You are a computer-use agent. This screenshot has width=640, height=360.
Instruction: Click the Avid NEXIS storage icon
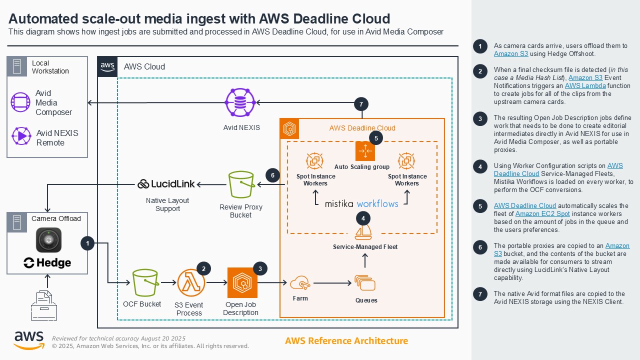(x=241, y=103)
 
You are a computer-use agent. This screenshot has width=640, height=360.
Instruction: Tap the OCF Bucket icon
(x=145, y=282)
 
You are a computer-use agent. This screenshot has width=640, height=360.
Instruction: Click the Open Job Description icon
(x=242, y=282)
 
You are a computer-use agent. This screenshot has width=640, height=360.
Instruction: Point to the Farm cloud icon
(x=299, y=283)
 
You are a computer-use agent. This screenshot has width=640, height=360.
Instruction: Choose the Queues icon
(x=365, y=283)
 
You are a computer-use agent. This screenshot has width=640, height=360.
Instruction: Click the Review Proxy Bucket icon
(x=241, y=185)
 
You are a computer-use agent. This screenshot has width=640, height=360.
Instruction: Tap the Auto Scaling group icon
(x=365, y=151)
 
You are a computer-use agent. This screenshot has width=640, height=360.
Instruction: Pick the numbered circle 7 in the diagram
(x=361, y=104)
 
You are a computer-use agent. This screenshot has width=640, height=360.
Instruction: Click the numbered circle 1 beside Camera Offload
(x=87, y=243)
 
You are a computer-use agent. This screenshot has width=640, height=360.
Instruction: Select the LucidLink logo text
(x=166, y=184)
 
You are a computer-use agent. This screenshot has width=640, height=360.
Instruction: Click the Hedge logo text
(x=47, y=263)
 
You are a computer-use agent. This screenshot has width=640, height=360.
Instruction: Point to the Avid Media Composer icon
(x=20, y=102)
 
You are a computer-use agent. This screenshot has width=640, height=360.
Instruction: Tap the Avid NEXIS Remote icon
(x=20, y=136)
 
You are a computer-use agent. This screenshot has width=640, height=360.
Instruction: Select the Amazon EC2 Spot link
(x=534, y=213)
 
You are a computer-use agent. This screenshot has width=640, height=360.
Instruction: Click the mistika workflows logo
(x=361, y=203)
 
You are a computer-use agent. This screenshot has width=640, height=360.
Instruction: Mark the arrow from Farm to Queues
(x=332, y=283)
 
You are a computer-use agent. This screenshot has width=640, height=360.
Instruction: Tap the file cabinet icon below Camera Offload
(x=43, y=305)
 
